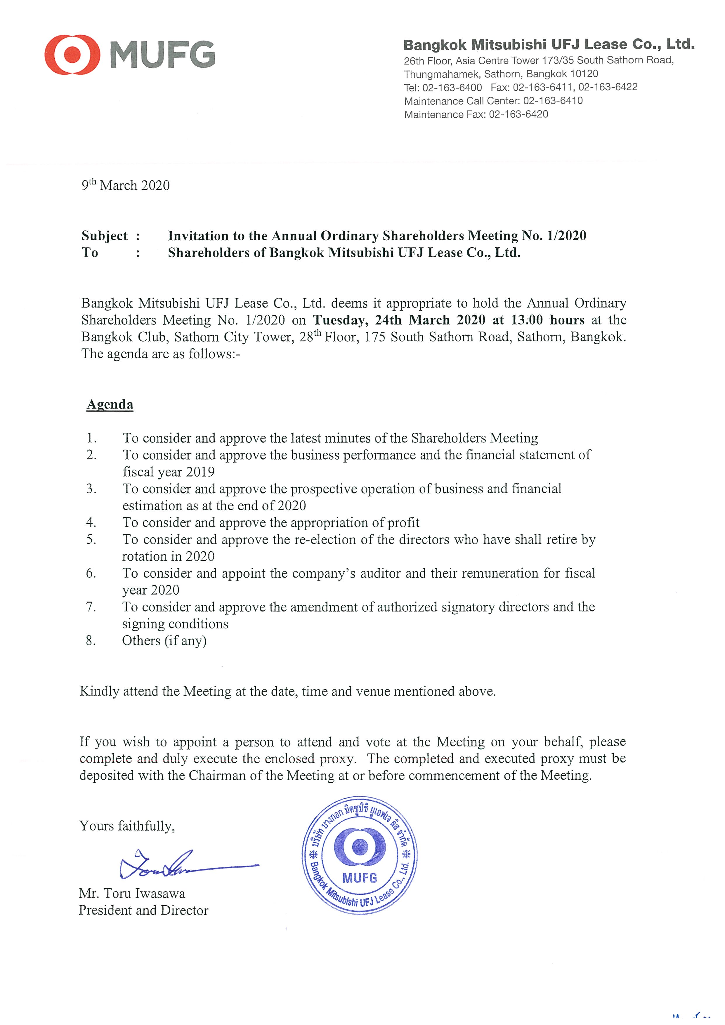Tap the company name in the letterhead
pyautogui.click(x=548, y=45)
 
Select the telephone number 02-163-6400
pyautogui.click(x=452, y=88)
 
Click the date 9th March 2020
pyautogui.click(x=125, y=185)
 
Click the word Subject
pyautogui.click(x=105, y=236)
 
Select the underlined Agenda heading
pyautogui.click(x=110, y=404)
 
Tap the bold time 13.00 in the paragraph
pyautogui.click(x=527, y=320)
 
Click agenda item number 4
pyautogui.click(x=91, y=522)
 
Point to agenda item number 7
pyautogui.click(x=91, y=607)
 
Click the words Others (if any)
pyautogui.click(x=164, y=641)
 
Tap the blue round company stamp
pyautogui.click(x=359, y=855)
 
